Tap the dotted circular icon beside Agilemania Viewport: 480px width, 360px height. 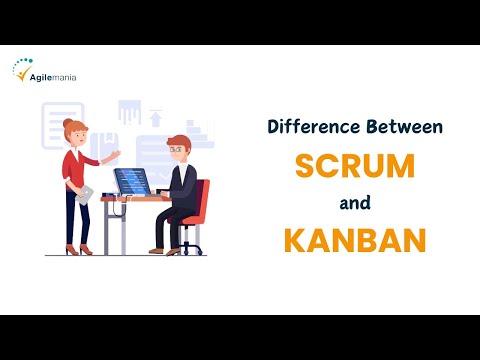click(22, 70)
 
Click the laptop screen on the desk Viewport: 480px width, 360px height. click(131, 181)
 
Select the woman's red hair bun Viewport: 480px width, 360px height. click(67, 123)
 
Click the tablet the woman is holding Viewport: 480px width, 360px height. click(87, 192)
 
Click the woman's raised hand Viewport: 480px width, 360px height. click(117, 153)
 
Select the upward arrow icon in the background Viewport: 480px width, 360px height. click(155, 118)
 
